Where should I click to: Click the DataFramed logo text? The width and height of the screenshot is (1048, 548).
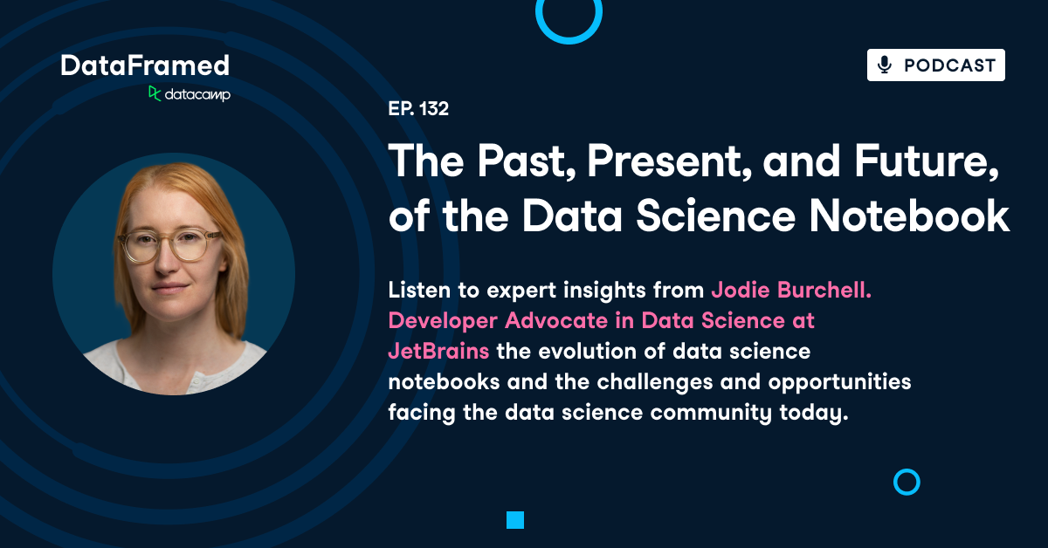pyautogui.click(x=145, y=65)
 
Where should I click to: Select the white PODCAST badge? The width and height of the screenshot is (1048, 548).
pyautogui.click(x=935, y=65)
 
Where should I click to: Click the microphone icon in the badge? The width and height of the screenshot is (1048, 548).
pyautogui.click(x=885, y=65)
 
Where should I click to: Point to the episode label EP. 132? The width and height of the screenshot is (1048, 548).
pyautogui.click(x=418, y=110)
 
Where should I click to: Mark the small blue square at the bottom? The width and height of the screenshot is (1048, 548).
pyautogui.click(x=515, y=520)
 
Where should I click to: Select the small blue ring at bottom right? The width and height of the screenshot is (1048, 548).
pyautogui.click(x=907, y=483)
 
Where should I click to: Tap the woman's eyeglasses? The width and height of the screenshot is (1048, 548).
pyautogui.click(x=170, y=246)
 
